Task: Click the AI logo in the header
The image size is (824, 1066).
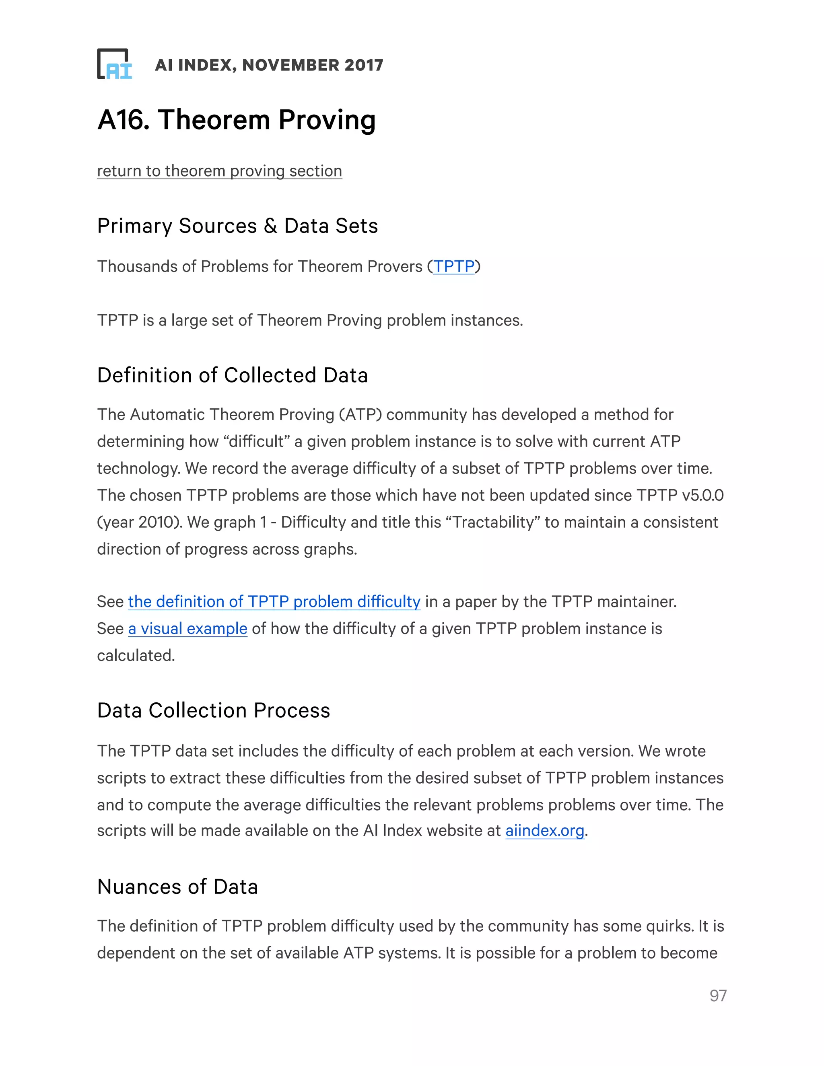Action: pyautogui.click(x=115, y=64)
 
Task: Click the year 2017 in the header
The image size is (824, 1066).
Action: pyautogui.click(x=364, y=65)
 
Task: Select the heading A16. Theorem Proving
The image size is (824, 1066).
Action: pyautogui.click(x=236, y=119)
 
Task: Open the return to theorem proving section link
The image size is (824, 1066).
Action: pyautogui.click(x=219, y=171)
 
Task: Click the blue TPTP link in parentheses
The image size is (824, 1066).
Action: pyautogui.click(x=454, y=266)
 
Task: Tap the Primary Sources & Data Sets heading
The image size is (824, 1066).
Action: pyautogui.click(x=237, y=226)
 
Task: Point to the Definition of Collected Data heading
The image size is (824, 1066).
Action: pyautogui.click(x=233, y=375)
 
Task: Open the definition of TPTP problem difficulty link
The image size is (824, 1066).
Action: pyautogui.click(x=274, y=602)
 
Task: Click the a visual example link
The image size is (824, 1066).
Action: pyautogui.click(x=187, y=629)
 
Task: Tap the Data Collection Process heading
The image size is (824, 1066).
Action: pyautogui.click(x=213, y=711)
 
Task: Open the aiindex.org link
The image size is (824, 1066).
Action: pyautogui.click(x=545, y=830)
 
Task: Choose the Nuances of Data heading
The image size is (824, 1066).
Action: pyautogui.click(x=177, y=887)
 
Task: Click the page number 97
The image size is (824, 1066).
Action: pyautogui.click(x=718, y=996)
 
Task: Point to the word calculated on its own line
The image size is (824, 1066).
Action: pyautogui.click(x=135, y=656)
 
